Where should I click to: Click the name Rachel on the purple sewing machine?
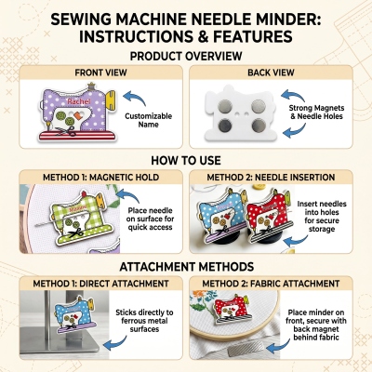pos(79,101)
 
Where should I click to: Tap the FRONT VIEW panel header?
pos(100,73)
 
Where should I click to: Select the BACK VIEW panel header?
pos(271,73)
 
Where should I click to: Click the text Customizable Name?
pos(148,120)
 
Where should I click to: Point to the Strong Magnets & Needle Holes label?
pos(316,112)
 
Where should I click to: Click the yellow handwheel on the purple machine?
pos(111,98)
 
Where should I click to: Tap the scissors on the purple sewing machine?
pos(67,131)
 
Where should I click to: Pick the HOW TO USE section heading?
pos(186,160)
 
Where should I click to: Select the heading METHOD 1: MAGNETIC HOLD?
pos(100,178)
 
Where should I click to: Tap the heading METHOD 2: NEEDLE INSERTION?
pos(271,178)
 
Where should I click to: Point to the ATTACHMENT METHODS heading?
pos(187,267)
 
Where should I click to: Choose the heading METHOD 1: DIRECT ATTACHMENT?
pos(100,284)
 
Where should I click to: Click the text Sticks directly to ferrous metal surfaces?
pos(144,321)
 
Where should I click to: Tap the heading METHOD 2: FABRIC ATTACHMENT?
pos(271,284)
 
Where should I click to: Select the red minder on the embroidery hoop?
pos(232,309)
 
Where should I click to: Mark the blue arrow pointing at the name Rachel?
pos(134,97)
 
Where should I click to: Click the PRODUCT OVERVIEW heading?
pos(186,56)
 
